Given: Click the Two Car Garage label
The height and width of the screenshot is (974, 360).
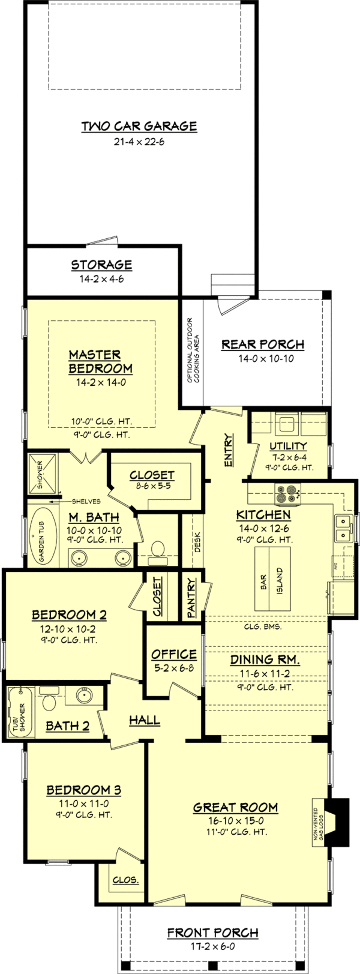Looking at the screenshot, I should coord(139,126).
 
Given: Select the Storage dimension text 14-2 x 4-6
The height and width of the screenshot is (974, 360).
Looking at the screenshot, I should coord(101,279).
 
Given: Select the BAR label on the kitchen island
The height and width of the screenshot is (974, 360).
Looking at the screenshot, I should coord(264,582).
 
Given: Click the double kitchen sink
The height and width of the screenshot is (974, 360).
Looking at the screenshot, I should coord(343,528).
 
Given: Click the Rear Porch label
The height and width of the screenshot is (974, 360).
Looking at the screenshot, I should coord(262,345).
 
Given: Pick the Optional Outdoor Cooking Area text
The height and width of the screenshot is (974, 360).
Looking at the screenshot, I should coord(193,350).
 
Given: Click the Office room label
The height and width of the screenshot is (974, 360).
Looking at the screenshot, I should coord(174,654).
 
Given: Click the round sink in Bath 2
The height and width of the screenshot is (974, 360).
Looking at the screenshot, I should coord(84,695).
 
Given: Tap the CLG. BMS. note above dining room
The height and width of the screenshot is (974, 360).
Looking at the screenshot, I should coord(262,627).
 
